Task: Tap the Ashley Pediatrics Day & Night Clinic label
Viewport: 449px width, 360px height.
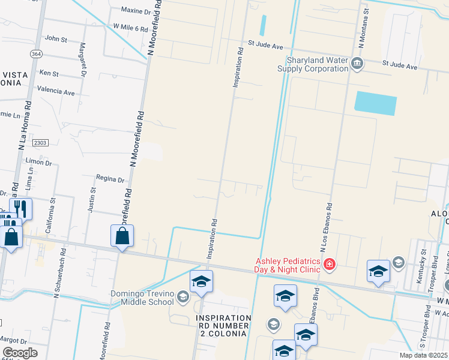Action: point(288,265)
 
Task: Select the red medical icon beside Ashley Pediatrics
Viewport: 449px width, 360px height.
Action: point(329,264)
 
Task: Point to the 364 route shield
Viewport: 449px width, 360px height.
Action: point(37,53)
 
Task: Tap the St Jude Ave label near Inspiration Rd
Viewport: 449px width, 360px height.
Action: point(266,45)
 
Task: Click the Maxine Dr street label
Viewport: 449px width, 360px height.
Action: point(136,11)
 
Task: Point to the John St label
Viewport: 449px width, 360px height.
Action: point(56,38)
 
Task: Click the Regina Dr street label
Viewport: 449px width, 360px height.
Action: point(110,179)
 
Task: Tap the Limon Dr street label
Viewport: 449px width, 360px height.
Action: point(40,162)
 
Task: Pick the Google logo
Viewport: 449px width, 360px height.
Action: point(20,353)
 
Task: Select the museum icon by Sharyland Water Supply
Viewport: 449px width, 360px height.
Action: point(357,64)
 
